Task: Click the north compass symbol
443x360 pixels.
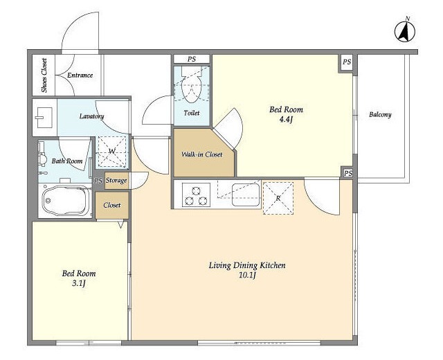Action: (x=405, y=31)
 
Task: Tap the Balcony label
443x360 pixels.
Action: (x=380, y=115)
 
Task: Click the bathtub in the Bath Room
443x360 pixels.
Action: (x=66, y=200)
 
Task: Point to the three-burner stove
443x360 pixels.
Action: (x=196, y=195)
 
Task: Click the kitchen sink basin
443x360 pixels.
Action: (x=246, y=195)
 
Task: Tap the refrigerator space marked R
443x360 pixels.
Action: (x=278, y=198)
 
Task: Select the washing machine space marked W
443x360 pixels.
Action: (x=112, y=152)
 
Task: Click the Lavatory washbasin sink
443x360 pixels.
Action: (x=45, y=117)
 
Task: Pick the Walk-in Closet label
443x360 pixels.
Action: (x=201, y=154)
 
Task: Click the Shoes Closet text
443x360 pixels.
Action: (x=44, y=75)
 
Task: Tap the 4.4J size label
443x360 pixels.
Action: (x=286, y=120)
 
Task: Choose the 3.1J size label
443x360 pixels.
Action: (x=78, y=283)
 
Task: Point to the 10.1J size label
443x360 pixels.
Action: (x=247, y=276)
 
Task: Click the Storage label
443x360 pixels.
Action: (x=116, y=180)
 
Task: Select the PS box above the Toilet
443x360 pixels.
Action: (x=192, y=59)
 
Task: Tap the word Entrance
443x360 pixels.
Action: (x=80, y=75)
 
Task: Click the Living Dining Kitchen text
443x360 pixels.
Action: (x=247, y=265)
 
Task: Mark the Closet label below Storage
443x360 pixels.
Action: (x=112, y=205)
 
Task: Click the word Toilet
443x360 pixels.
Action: (x=192, y=113)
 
